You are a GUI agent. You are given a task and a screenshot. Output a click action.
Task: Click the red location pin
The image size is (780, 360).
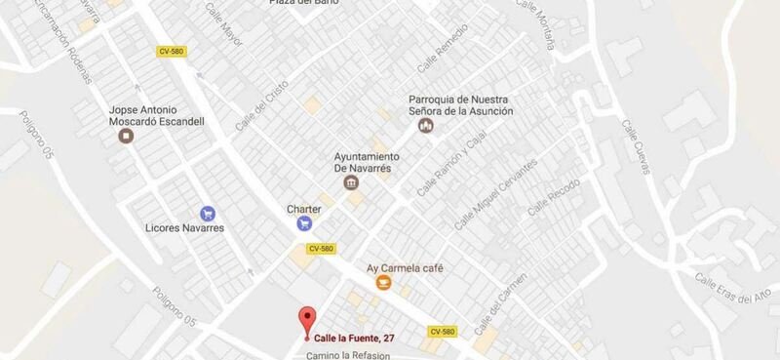coord(307,320)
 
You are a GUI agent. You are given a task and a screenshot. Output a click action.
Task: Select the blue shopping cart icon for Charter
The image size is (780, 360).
coord(304,223)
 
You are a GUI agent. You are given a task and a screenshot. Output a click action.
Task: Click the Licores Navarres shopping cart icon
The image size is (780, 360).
coord(207,213)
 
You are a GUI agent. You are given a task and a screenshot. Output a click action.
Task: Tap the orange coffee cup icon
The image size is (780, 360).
coord(384,283)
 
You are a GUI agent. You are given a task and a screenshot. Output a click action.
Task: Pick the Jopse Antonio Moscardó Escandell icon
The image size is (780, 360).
coord(126,137)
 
